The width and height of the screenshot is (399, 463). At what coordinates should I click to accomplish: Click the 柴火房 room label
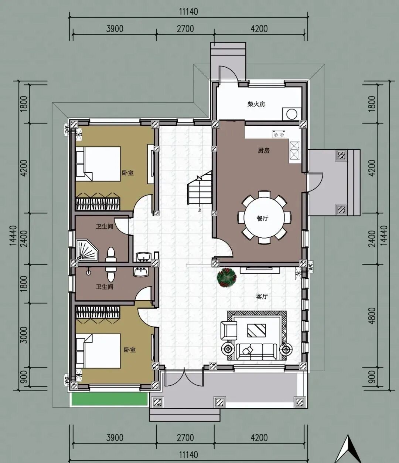(256, 104)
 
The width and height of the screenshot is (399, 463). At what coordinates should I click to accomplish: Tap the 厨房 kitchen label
(263, 150)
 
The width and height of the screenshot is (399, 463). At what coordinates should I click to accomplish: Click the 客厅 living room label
(262, 296)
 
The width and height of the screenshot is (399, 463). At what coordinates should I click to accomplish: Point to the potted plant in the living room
(226, 277)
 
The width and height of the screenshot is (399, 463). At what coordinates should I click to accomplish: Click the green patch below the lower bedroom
(110, 399)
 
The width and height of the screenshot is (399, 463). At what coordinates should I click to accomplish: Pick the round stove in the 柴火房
(292, 114)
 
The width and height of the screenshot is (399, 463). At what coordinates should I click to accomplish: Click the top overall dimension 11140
(188, 11)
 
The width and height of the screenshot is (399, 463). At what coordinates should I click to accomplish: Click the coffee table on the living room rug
(256, 330)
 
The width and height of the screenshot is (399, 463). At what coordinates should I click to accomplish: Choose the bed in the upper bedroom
(98, 164)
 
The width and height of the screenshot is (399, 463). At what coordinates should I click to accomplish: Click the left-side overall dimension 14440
(13, 236)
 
